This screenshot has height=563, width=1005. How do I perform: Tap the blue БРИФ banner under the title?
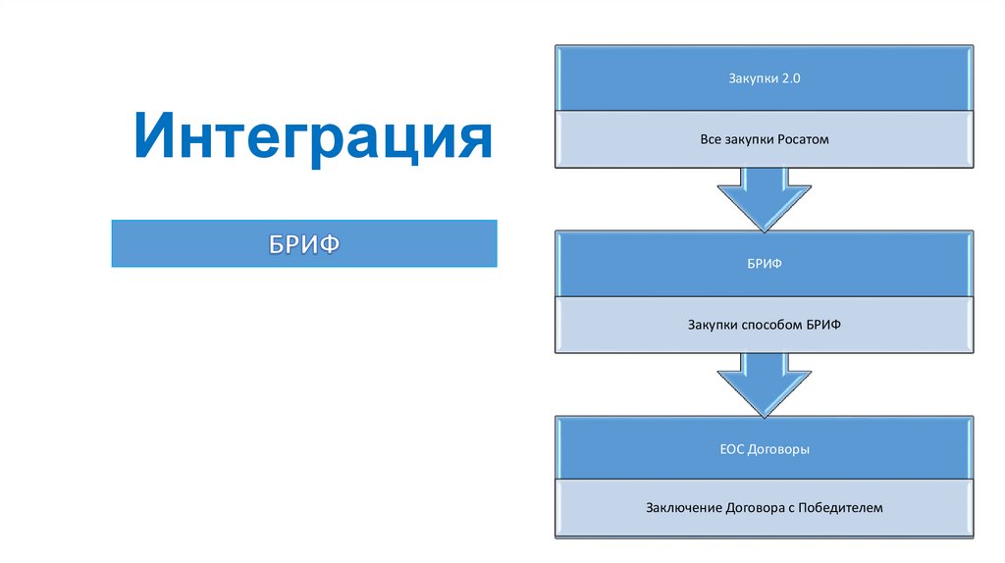[304, 242]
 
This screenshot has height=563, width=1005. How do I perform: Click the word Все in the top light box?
[711, 139]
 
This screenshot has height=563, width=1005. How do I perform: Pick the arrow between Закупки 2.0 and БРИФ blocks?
[765, 196]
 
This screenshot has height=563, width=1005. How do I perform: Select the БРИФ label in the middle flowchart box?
[765, 263]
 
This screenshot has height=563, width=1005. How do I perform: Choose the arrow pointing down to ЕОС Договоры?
[765, 383]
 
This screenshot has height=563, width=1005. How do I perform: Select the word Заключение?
[683, 508]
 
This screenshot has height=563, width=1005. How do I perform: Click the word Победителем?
[842, 508]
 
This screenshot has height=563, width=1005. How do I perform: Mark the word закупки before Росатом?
[750, 139]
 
